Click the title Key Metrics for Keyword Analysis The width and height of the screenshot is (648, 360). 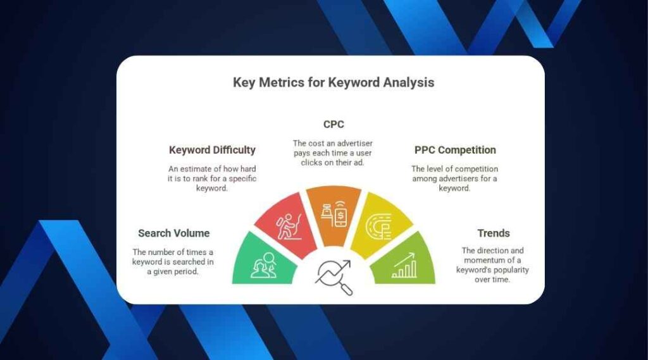point(333,82)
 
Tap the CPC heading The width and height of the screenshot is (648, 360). point(333,125)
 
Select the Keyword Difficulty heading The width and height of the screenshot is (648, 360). point(212,150)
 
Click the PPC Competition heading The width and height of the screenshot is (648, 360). point(455,150)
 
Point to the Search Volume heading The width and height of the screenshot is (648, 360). point(173,233)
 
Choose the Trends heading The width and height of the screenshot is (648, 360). point(494,233)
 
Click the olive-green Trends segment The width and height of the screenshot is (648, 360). point(403,261)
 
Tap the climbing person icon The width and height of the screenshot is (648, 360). point(289,226)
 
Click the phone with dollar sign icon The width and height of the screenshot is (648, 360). point(334,213)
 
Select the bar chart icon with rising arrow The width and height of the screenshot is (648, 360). point(404,265)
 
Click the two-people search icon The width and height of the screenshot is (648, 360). point(263,265)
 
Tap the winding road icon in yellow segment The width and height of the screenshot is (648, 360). point(378,227)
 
